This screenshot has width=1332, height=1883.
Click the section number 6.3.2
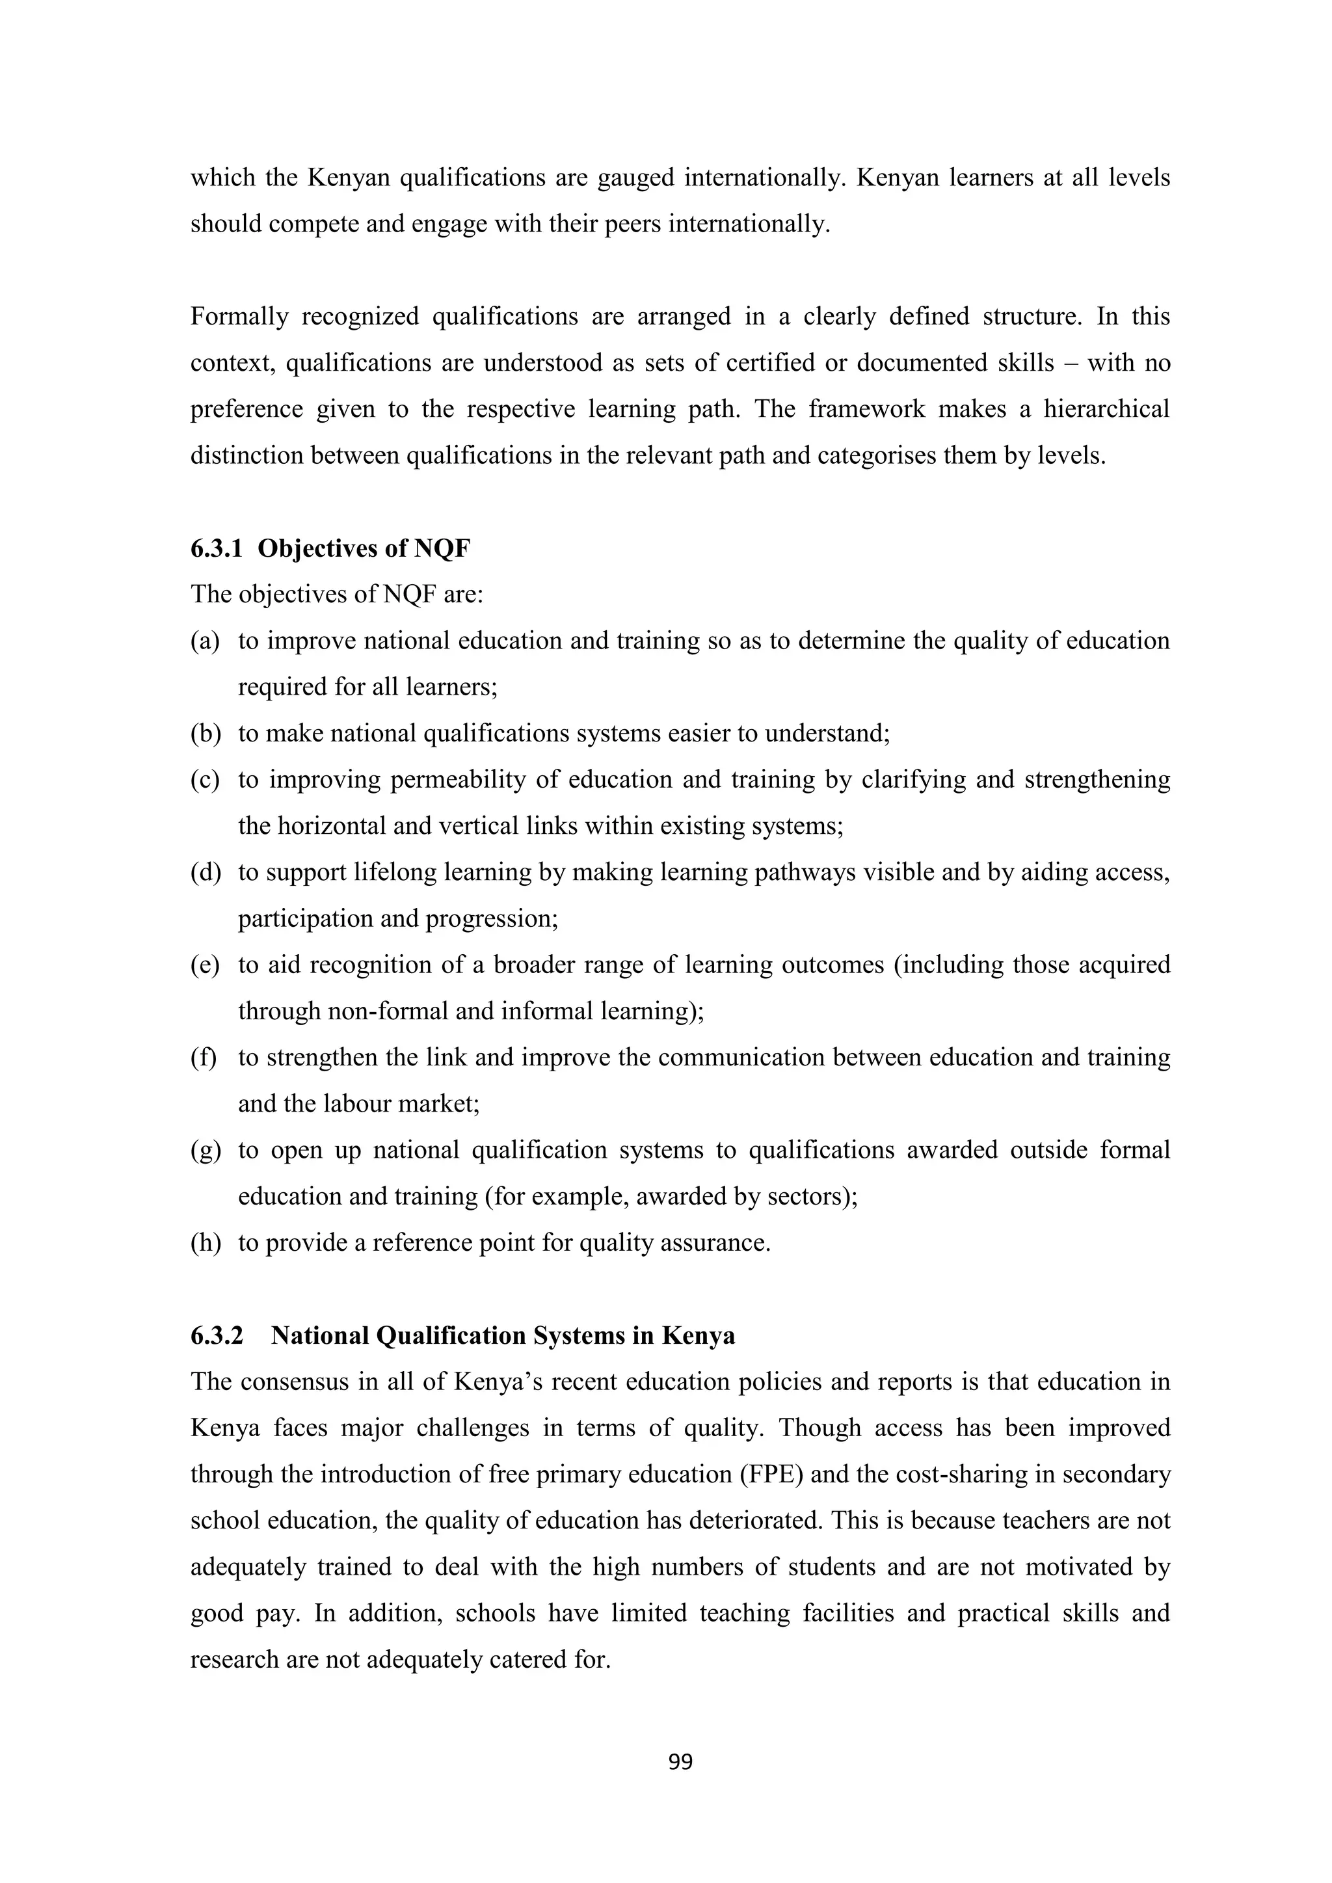(x=217, y=1335)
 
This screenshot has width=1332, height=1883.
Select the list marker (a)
(x=205, y=641)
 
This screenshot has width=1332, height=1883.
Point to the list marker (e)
(x=205, y=965)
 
